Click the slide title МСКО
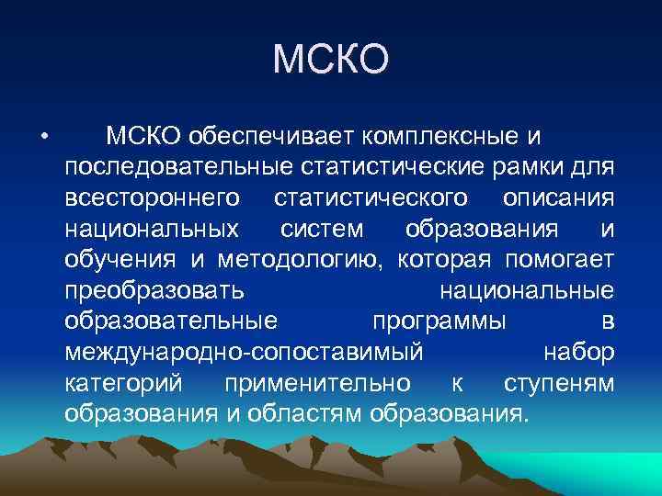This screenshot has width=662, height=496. tap(331, 61)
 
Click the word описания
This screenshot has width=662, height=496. tap(559, 197)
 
